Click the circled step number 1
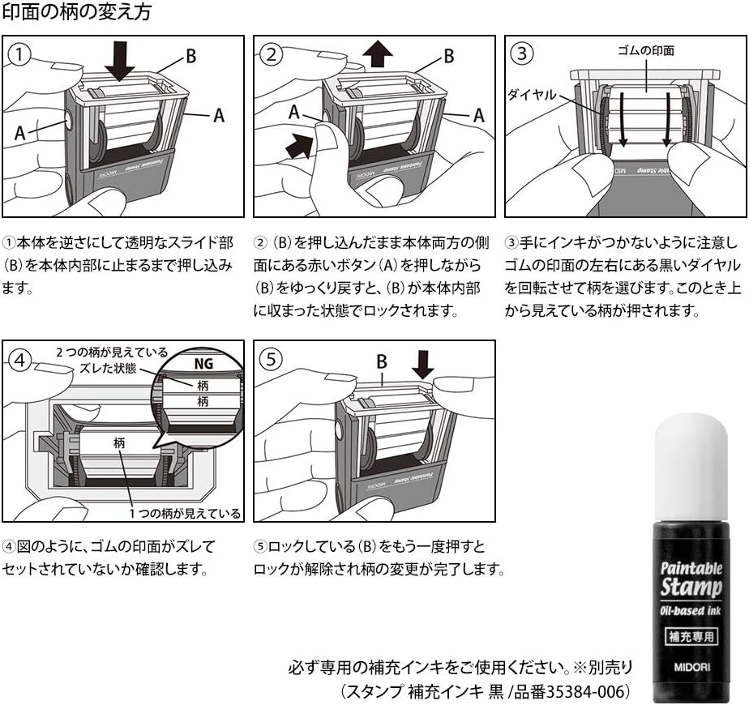tap(20, 54)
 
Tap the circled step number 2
tap(273, 54)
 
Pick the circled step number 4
tap(20, 359)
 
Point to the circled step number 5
tap(273, 359)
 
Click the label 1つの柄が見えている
tap(184, 513)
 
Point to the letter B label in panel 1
tap(190, 56)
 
